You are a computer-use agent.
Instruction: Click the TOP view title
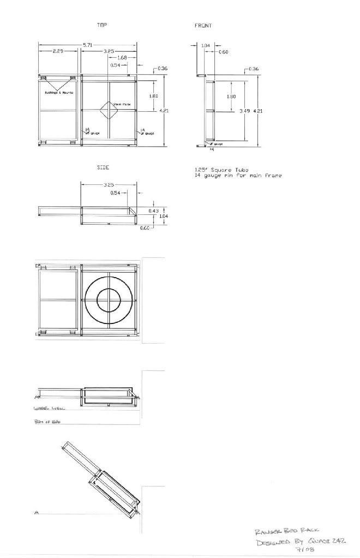coord(102,25)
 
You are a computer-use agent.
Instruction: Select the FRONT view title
coord(203,26)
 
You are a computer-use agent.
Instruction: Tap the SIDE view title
coord(103,167)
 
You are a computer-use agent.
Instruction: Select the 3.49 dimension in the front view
coord(244,111)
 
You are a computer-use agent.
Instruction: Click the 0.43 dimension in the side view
coord(153,211)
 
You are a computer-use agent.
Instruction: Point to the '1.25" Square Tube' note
coord(210,170)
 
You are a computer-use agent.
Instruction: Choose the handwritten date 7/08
coord(307,550)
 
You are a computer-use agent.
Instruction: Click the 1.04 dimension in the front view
coord(206,45)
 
